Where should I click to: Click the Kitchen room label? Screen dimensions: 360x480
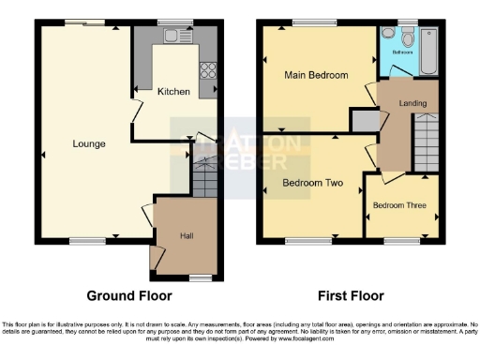(173, 92)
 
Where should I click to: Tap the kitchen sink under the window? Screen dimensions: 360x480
(174, 36)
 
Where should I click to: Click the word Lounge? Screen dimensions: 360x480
(89, 143)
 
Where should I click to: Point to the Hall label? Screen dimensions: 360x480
(187, 235)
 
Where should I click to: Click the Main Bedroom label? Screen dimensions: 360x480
(316, 75)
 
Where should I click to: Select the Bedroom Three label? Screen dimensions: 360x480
(400, 204)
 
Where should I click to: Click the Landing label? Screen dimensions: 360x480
(411, 103)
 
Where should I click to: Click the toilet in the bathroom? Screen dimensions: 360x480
(404, 37)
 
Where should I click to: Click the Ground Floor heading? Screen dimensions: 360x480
(129, 295)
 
